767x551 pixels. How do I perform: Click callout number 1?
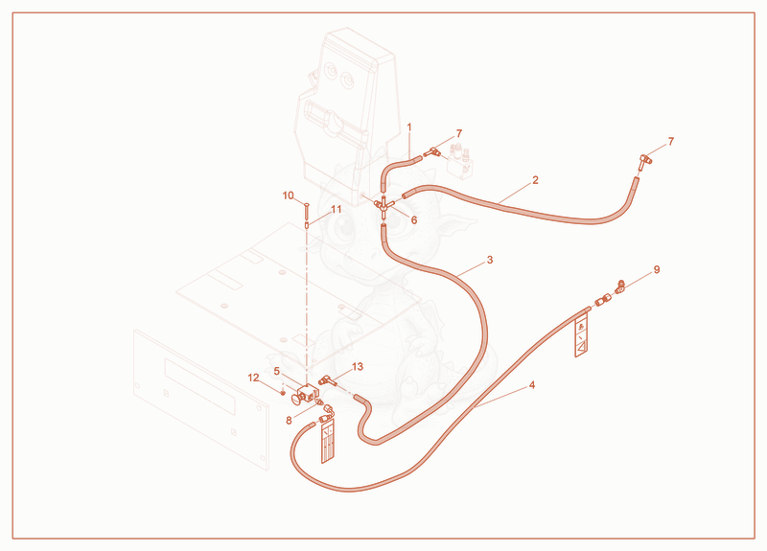(409, 127)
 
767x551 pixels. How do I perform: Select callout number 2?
(535, 180)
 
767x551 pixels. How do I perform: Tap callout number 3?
(490, 260)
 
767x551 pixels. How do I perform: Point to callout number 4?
(532, 385)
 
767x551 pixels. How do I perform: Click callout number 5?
(277, 372)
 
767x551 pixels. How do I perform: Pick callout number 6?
(414, 220)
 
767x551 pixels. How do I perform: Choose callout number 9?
(657, 270)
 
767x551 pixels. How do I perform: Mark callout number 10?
(288, 196)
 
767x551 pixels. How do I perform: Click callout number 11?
(337, 210)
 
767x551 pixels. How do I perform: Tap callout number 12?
(253, 378)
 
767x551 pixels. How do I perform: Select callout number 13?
(358, 367)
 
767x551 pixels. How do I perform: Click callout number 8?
(289, 421)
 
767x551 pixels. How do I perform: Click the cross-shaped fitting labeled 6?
(383, 205)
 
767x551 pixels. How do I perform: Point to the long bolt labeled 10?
(307, 211)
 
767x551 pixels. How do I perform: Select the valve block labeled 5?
(305, 394)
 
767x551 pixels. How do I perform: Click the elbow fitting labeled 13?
(326, 379)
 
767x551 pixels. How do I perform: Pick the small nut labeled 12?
(283, 393)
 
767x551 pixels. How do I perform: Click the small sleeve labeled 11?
(307, 225)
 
